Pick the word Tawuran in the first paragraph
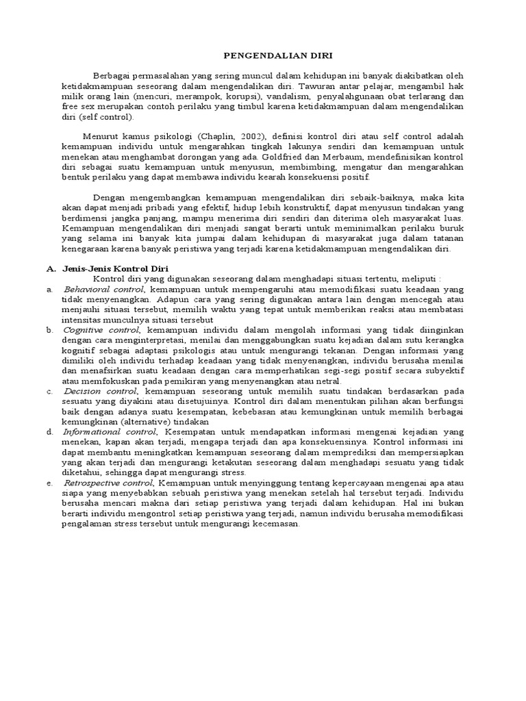tap(318, 87)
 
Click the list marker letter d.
tap(49, 432)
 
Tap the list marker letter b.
tap(49, 330)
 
